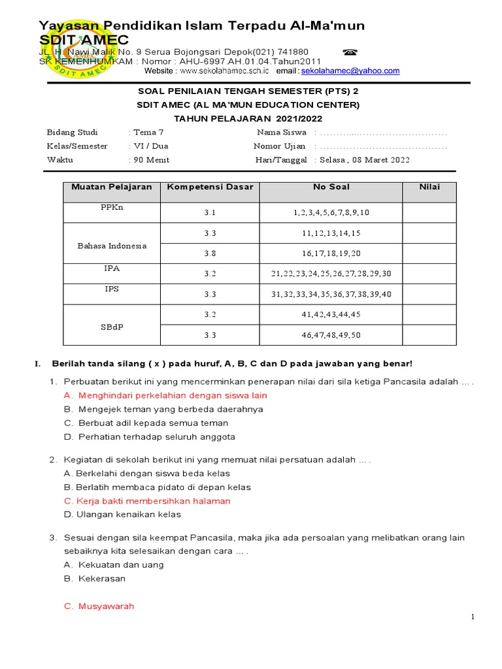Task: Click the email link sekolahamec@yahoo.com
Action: click(x=350, y=71)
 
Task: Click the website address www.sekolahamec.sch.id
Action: click(x=224, y=71)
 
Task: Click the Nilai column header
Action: click(x=429, y=187)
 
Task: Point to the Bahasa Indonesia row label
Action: click(x=112, y=246)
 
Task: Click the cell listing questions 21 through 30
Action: click(x=331, y=274)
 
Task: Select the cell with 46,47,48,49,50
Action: click(x=331, y=335)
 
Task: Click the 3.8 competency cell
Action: click(x=209, y=253)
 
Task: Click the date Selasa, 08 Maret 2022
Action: click(x=364, y=161)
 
